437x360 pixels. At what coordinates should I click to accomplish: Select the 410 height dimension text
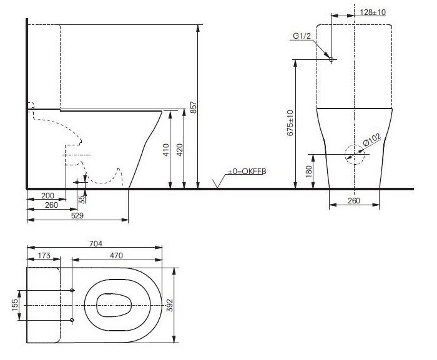click(166, 150)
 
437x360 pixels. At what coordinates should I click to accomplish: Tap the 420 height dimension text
click(180, 150)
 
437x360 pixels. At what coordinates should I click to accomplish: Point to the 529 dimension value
click(77, 215)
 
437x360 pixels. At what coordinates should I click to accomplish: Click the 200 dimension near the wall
click(47, 196)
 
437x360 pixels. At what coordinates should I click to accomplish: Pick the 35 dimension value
click(81, 199)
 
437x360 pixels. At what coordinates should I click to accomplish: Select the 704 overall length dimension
click(96, 243)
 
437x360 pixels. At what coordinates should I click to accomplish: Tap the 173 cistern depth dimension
click(44, 255)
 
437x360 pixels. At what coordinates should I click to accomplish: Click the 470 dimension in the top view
click(116, 255)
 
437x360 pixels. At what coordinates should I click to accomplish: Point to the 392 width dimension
click(169, 305)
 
